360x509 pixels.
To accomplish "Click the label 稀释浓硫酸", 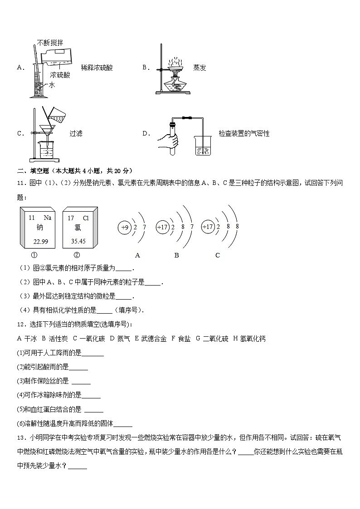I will [97, 68].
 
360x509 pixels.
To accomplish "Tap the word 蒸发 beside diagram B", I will [199, 68].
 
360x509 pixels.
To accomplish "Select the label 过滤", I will [76, 134].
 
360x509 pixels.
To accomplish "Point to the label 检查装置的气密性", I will [244, 134].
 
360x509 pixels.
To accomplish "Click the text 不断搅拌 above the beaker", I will [51, 43].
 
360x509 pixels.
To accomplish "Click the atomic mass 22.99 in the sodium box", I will [41, 242].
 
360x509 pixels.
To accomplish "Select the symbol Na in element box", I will [47, 218].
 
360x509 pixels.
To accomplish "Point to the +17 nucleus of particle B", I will [162, 228].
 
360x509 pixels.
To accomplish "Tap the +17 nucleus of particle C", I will [208, 227].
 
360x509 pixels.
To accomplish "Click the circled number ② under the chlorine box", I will [76, 255].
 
